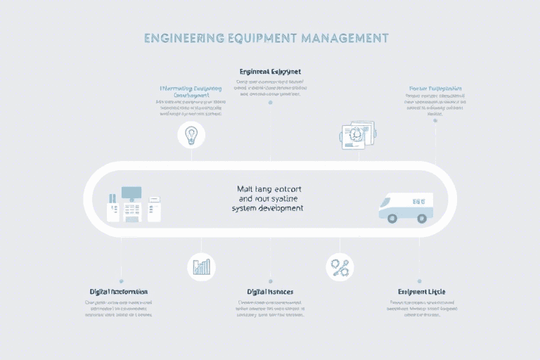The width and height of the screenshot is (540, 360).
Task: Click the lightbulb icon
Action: pos(191,134)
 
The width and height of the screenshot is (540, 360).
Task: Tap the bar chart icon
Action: pos(202,266)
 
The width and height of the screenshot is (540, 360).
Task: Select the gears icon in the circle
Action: pos(340,267)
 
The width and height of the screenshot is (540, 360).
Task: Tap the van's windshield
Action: pos(387,200)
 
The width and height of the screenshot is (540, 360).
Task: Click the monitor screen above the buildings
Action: pos(131,192)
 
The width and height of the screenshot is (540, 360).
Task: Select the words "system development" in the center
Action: pos(267,209)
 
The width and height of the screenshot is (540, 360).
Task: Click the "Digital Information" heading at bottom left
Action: pos(119,291)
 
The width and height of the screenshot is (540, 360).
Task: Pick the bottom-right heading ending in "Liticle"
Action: pos(421,291)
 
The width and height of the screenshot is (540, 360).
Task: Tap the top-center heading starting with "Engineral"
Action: pos(271,71)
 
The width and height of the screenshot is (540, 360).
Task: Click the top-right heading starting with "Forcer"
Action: pos(435,89)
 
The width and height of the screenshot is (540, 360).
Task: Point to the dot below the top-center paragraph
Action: pos(270,103)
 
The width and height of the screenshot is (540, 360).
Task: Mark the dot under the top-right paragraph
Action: pos(435,120)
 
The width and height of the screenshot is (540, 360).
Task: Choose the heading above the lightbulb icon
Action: pos(191,92)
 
